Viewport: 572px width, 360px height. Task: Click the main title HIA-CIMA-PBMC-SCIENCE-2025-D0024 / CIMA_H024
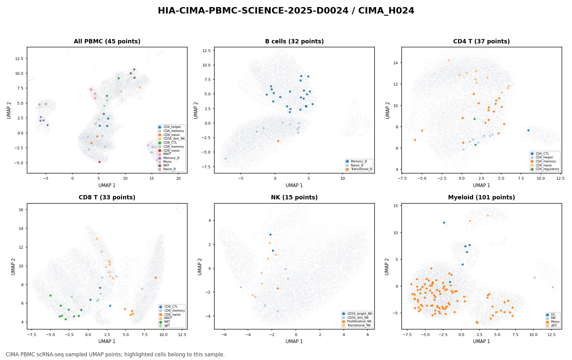click(x=286, y=11)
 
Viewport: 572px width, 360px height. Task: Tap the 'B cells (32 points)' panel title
click(x=294, y=42)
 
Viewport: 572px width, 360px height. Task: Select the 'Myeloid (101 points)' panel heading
click(x=482, y=198)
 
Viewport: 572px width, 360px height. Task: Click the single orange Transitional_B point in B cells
click(x=278, y=141)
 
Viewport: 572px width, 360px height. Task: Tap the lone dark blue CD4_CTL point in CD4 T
click(x=528, y=130)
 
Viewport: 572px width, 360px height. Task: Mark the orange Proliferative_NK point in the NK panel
click(x=278, y=288)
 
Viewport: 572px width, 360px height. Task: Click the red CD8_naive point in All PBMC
click(x=99, y=162)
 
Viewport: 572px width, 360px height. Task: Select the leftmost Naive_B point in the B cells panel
click(x=225, y=158)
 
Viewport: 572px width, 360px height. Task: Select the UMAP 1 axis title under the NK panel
click(x=294, y=342)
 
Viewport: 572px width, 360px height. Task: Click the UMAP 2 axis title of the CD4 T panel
click(x=388, y=110)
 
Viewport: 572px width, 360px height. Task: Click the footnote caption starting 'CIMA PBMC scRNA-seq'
click(x=115, y=354)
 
